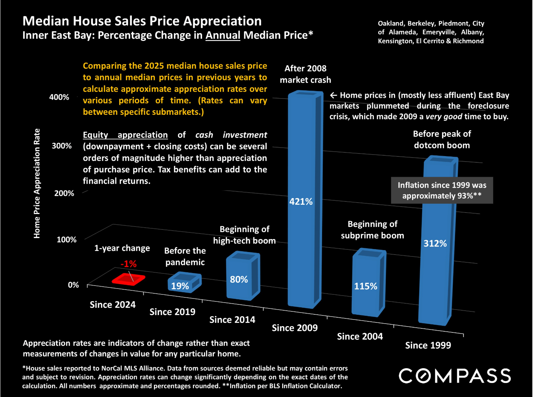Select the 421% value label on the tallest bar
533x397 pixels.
tap(301, 201)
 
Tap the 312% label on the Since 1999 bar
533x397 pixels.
tap(435, 244)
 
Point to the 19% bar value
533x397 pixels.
tap(180, 286)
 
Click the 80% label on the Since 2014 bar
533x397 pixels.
tap(239, 279)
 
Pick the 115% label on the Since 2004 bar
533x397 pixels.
tap(365, 286)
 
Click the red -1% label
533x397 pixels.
tap(129, 264)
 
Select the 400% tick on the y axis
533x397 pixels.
tap(59, 97)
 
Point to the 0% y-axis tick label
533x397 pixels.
tap(73, 285)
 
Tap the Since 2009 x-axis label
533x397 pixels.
tap(294, 328)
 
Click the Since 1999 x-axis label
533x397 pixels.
tap(428, 345)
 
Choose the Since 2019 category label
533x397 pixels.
tap(172, 312)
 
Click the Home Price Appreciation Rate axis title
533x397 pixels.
tap(37, 183)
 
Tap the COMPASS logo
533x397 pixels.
tap(455, 376)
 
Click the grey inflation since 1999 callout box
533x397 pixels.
tap(442, 190)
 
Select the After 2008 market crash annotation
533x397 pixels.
tap(305, 74)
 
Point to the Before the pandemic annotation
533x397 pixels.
tap(185, 256)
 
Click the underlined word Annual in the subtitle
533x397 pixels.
tap(223, 35)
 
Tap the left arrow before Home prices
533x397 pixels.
tap(333, 96)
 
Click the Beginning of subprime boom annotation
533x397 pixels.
tap(372, 230)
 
